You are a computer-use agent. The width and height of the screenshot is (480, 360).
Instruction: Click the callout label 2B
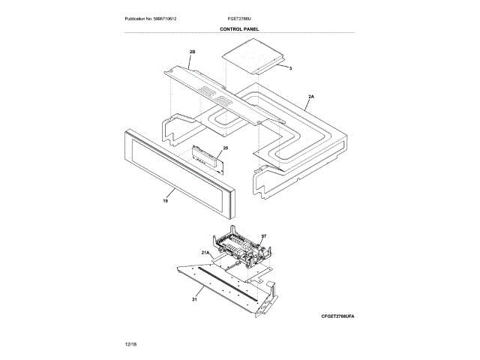click(x=192, y=51)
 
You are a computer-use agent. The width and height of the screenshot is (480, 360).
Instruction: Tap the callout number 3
click(x=290, y=68)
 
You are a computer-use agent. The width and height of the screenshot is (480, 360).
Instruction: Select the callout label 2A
click(x=311, y=97)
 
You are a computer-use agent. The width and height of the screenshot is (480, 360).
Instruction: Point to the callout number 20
click(x=225, y=148)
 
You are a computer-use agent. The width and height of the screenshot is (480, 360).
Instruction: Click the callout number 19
click(x=165, y=200)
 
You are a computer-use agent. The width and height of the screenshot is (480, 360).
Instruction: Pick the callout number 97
click(x=263, y=236)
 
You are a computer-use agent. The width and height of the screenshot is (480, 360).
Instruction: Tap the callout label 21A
click(x=206, y=253)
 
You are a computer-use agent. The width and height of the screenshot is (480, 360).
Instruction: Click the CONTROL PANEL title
click(x=239, y=29)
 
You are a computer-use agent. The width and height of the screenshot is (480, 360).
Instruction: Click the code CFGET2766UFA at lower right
click(x=337, y=317)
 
